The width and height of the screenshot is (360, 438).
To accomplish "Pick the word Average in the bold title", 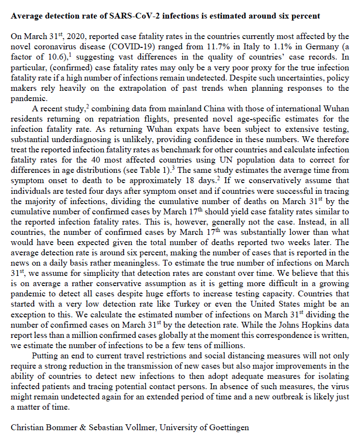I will click(x=25, y=16).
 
